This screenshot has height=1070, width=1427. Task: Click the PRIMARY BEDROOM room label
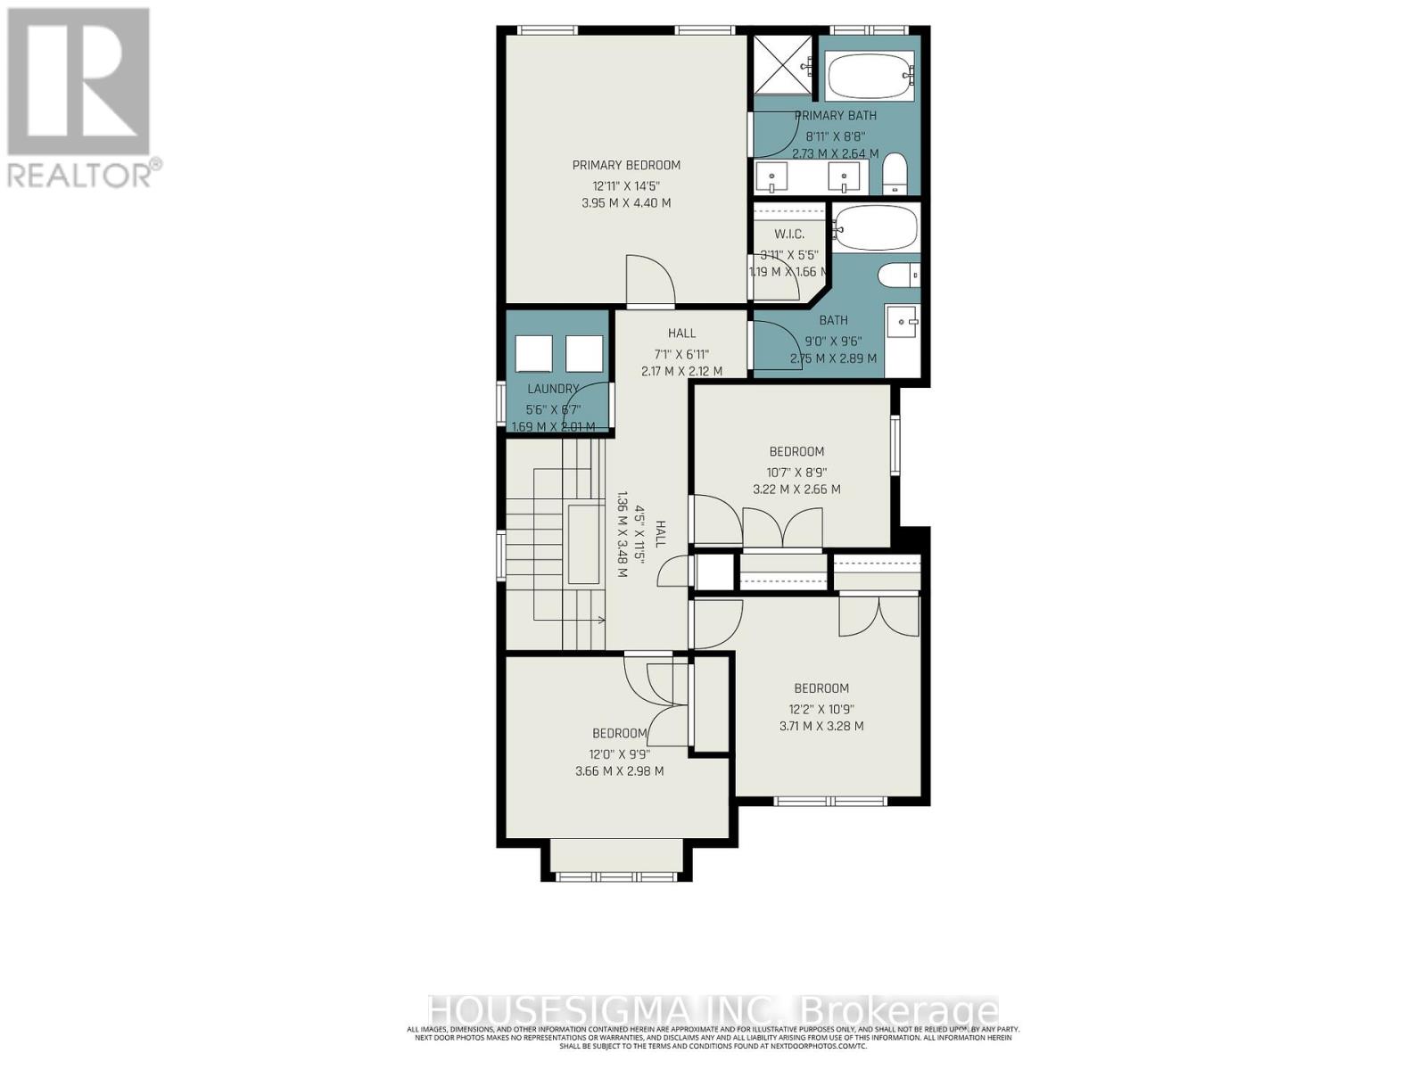click(626, 165)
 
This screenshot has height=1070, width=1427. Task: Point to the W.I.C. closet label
click(789, 235)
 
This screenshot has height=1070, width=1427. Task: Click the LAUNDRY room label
click(553, 389)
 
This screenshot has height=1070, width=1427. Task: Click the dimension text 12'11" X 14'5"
click(626, 185)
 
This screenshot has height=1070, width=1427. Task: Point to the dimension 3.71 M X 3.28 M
click(821, 726)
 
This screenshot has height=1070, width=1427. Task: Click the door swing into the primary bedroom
click(650, 280)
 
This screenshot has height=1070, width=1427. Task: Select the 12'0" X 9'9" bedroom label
click(620, 733)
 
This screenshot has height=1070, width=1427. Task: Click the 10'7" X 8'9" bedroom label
click(796, 451)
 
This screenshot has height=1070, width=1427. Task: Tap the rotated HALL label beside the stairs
click(661, 534)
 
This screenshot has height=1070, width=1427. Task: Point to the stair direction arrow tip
click(604, 620)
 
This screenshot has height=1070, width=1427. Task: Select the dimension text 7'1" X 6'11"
click(681, 354)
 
